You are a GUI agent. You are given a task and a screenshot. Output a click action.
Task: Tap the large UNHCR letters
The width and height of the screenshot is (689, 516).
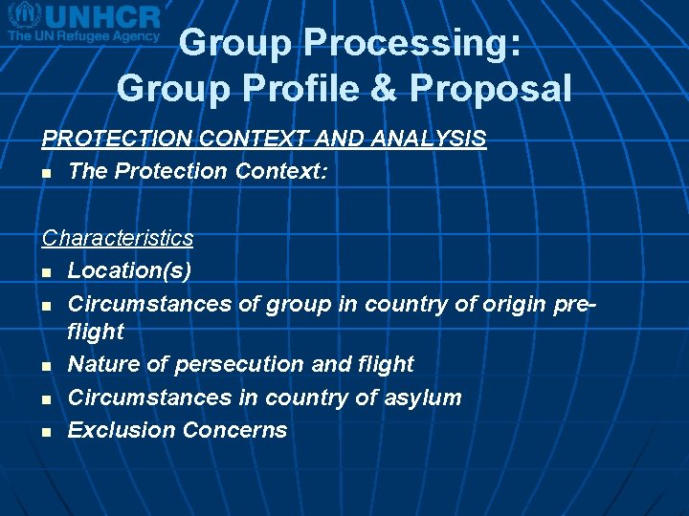[x=100, y=16]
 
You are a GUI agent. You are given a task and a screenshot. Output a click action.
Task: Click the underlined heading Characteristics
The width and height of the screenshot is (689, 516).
[x=118, y=238]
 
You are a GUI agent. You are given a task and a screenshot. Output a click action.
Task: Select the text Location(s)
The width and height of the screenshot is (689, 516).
[x=129, y=270]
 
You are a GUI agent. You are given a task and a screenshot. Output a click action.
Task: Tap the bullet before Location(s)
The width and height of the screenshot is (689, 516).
[x=46, y=272]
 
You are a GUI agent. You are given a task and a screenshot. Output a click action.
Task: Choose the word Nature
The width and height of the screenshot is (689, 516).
[x=100, y=364]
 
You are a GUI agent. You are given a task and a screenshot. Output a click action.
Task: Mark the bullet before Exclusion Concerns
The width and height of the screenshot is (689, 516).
[x=46, y=431]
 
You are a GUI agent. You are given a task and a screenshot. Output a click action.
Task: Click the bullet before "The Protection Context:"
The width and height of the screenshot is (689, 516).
[x=46, y=173]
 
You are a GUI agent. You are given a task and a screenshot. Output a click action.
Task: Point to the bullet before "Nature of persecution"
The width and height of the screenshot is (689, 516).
[x=46, y=366]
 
